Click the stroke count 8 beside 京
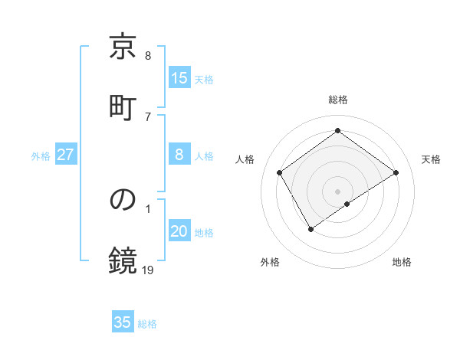tap(148, 56)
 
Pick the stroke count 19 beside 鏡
tap(148, 269)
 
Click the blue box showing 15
tap(179, 78)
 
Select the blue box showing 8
tap(179, 155)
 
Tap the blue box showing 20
tap(179, 231)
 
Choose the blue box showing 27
tap(66, 155)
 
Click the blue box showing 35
tap(123, 322)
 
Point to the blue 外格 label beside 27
tap(41, 155)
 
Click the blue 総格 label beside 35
tap(147, 323)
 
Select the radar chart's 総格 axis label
tap(338, 100)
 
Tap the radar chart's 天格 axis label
tap(431, 159)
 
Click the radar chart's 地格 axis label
tap(402, 263)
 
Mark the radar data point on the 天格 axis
tap(396, 172)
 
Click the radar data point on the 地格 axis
tap(348, 204)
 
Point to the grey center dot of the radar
tap(338, 191)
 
